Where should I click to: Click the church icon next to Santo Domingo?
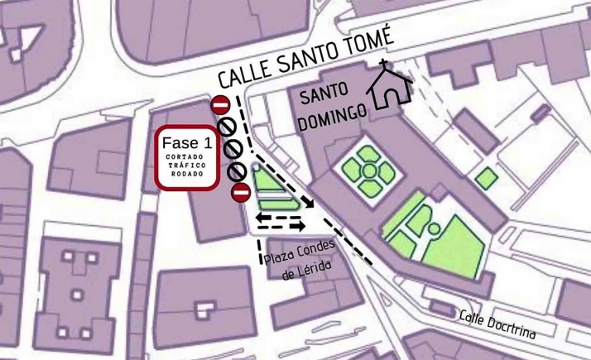[x=389, y=88]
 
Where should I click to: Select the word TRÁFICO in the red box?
[x=187, y=165]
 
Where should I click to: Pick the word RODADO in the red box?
[x=187, y=174]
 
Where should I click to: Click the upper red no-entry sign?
[x=220, y=105]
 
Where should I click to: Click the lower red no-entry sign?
[x=241, y=193]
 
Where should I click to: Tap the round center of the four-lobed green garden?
[x=366, y=170]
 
